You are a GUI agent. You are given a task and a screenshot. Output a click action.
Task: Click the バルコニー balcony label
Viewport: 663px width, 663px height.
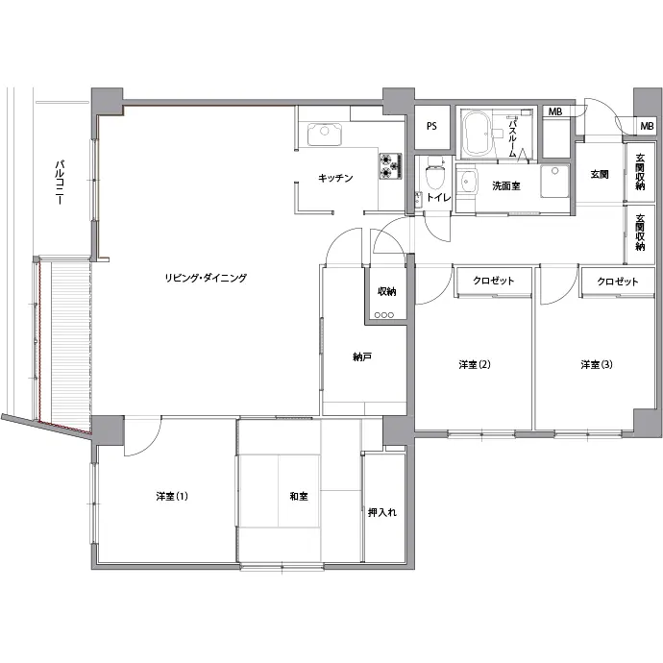[60, 183]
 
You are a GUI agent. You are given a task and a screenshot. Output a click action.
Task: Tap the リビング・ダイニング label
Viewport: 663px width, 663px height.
[206, 278]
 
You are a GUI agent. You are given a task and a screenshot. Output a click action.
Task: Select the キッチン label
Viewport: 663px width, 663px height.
[335, 178]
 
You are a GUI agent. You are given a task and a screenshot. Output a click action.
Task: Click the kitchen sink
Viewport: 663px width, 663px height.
[325, 134]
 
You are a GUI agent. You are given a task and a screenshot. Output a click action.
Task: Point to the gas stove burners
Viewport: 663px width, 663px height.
[390, 165]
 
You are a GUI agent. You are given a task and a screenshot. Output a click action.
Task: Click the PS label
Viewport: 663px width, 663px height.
[431, 126]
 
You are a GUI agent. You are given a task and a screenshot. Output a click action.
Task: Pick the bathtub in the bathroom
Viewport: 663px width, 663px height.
[477, 134]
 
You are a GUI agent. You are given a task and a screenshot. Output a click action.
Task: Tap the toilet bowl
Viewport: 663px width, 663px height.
[434, 173]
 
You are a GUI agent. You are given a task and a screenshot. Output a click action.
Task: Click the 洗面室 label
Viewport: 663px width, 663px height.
[505, 185]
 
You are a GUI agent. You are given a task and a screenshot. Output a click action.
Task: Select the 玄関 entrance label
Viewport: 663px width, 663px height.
[600, 174]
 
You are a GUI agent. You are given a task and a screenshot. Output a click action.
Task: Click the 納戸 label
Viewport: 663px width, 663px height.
[362, 357]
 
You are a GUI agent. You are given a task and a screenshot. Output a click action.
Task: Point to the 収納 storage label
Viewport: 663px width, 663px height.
[386, 291]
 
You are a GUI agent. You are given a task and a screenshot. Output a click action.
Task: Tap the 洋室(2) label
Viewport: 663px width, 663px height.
[475, 364]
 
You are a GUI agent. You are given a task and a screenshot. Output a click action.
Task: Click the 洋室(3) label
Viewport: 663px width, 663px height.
[596, 364]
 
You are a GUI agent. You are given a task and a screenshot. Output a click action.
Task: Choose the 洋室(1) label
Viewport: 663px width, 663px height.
[172, 496]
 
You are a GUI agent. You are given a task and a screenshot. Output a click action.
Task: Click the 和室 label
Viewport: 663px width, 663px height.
[299, 496]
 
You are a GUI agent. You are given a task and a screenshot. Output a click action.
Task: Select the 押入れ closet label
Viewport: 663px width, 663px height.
[382, 512]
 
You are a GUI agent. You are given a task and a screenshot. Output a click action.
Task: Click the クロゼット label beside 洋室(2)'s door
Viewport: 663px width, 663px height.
[494, 281]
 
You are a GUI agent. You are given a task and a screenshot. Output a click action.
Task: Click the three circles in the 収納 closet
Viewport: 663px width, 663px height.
[384, 315]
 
